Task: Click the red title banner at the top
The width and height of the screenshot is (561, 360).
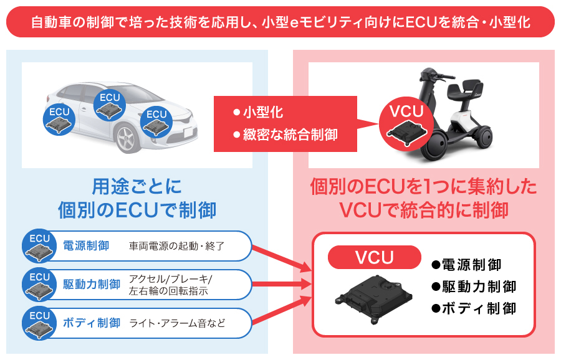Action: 280,22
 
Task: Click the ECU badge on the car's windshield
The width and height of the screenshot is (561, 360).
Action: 110,105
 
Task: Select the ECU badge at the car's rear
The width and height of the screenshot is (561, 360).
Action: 60,118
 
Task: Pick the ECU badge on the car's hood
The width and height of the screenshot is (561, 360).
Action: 156,121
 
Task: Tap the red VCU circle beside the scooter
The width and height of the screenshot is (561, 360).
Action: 406,121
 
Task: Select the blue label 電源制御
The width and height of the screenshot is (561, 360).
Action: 86,246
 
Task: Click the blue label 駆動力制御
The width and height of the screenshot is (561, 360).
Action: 92,285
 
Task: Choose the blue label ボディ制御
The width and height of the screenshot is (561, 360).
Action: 92,323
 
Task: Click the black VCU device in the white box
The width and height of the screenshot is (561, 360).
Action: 374,299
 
